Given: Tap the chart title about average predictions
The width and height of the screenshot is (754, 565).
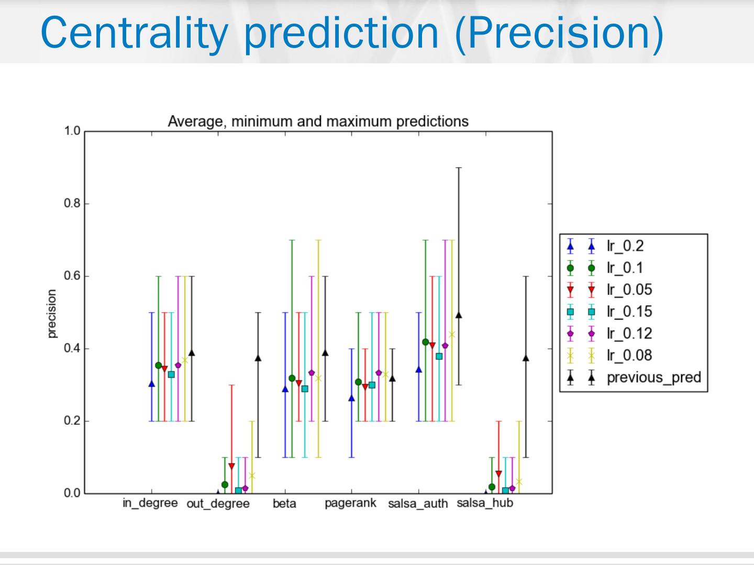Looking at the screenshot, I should point(318,121).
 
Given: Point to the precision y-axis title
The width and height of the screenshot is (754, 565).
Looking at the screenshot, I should point(51,314).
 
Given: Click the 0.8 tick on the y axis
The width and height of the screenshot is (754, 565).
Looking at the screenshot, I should point(72,204).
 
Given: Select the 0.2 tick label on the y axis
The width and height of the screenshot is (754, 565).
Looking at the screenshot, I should point(72,421).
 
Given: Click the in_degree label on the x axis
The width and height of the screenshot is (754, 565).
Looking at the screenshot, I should point(150,503).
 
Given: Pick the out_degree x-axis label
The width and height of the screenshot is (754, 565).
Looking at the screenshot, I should point(218,504).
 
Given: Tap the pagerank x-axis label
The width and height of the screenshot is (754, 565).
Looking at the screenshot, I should point(350,503).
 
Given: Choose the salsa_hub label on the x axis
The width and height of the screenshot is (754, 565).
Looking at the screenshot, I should point(485,503).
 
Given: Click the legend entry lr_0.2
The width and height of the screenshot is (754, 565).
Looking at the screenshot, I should point(625,246).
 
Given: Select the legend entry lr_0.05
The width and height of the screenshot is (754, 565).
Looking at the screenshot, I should point(629,290).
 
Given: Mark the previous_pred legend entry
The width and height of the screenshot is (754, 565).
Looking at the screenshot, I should point(653,378).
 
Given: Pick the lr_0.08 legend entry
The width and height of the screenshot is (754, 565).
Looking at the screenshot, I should point(629,356).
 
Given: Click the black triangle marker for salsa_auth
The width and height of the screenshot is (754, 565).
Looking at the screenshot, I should point(459,315).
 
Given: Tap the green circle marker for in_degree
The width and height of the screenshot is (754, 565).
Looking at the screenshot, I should point(159,365).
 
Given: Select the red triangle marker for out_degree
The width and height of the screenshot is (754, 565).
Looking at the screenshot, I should point(231,466).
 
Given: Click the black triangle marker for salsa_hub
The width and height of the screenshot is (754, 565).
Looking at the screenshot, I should point(526,358).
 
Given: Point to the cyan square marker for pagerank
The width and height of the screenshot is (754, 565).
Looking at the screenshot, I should point(372,385).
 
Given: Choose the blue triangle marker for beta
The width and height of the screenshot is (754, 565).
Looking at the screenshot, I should point(285,389).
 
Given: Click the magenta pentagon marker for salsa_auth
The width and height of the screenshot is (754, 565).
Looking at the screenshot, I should point(445,346).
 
